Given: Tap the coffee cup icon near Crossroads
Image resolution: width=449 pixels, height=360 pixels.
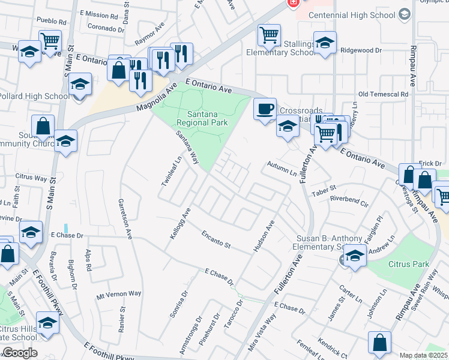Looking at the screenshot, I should pyautogui.click(x=265, y=109).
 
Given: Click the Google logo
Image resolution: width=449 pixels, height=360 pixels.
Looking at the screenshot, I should pyautogui.click(x=20, y=353).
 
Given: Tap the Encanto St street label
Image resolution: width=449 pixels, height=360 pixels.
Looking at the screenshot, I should pyautogui.click(x=216, y=239).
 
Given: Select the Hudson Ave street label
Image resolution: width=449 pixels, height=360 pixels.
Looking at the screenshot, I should pyautogui.click(x=264, y=235).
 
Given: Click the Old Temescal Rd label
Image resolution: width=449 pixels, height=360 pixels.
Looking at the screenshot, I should pyautogui.click(x=383, y=94).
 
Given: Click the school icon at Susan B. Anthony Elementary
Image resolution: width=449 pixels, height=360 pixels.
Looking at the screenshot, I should pyautogui.click(x=355, y=256).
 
